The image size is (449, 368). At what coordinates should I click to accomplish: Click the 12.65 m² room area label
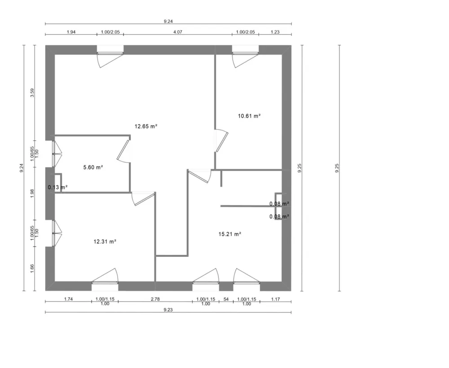click(146, 126)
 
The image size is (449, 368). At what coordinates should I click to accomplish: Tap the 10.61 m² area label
click(249, 116)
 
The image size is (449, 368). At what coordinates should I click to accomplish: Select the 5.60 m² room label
click(93, 167)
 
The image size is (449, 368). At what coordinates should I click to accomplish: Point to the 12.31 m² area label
click(105, 241)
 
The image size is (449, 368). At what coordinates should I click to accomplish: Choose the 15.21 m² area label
click(230, 234)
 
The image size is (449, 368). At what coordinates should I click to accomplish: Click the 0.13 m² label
click(57, 187)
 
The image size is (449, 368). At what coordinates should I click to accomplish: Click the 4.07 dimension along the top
click(177, 32)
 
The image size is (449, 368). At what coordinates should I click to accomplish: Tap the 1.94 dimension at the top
click(71, 32)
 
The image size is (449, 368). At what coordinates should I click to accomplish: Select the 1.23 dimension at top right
click(275, 32)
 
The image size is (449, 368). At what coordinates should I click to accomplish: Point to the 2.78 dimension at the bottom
click(155, 299)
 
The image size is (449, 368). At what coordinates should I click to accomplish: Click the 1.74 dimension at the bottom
click(68, 299)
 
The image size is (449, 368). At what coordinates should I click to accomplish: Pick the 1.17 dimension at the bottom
click(276, 299)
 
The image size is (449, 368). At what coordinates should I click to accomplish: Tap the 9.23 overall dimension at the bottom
click(168, 310)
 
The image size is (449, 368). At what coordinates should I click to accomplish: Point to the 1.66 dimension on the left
click(32, 268)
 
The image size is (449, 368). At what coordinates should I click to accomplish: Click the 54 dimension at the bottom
click(226, 299)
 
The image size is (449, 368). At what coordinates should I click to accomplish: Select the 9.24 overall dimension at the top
click(168, 21)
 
